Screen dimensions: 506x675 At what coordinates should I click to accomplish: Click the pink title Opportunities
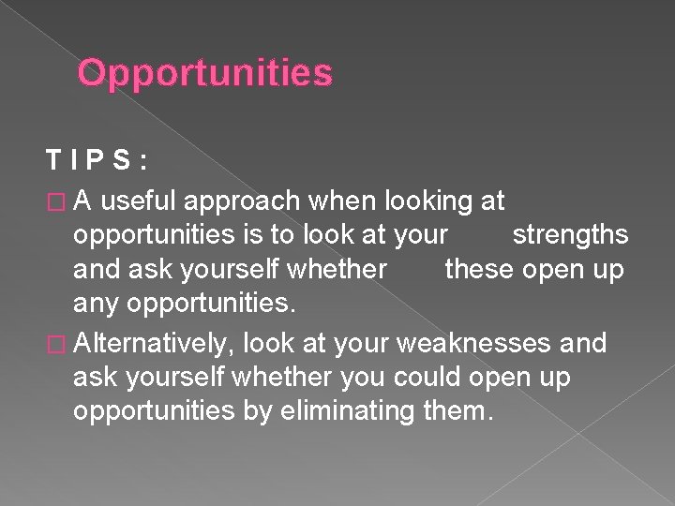204,73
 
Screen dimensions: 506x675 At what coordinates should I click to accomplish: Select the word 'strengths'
570,235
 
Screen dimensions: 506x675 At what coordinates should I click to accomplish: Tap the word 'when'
331,201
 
